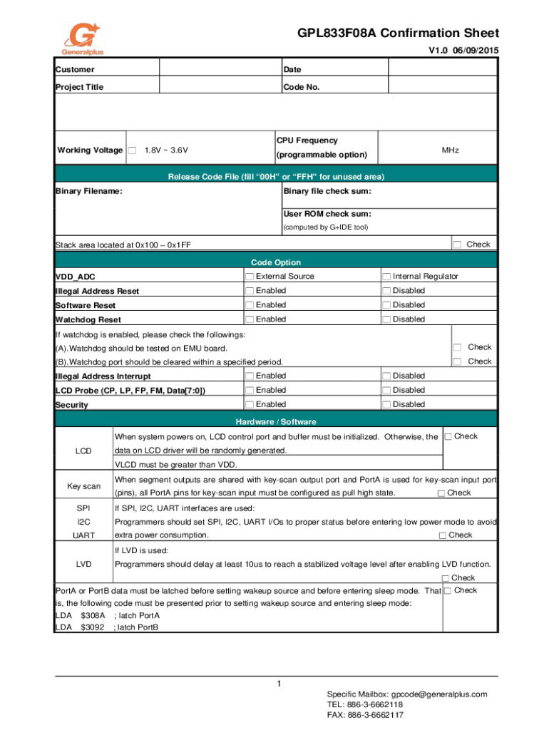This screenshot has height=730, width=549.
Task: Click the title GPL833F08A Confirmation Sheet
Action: coord(398,34)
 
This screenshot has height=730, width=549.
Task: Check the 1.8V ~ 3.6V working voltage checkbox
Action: coord(132,150)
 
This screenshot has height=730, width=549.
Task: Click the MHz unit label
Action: coord(450,150)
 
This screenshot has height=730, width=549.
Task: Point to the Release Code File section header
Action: coord(276,177)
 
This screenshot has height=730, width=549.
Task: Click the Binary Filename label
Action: coord(88,191)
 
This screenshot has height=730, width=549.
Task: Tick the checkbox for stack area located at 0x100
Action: coord(457,245)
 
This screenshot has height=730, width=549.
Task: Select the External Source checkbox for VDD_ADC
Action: coord(250,277)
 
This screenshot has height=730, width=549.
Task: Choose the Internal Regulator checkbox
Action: coord(386,277)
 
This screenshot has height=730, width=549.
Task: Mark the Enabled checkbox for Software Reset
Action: coord(250,305)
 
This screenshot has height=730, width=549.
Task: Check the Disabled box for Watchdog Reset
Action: coord(386,319)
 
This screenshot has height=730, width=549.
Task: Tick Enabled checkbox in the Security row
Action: coord(250,404)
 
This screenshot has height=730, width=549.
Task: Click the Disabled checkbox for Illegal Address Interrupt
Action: coord(386,376)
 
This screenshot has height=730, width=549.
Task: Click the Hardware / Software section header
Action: coord(276,421)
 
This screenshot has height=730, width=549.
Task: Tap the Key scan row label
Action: coord(83,485)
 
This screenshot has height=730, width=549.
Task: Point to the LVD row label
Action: coord(83,564)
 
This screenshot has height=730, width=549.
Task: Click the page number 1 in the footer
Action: coord(280,684)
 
